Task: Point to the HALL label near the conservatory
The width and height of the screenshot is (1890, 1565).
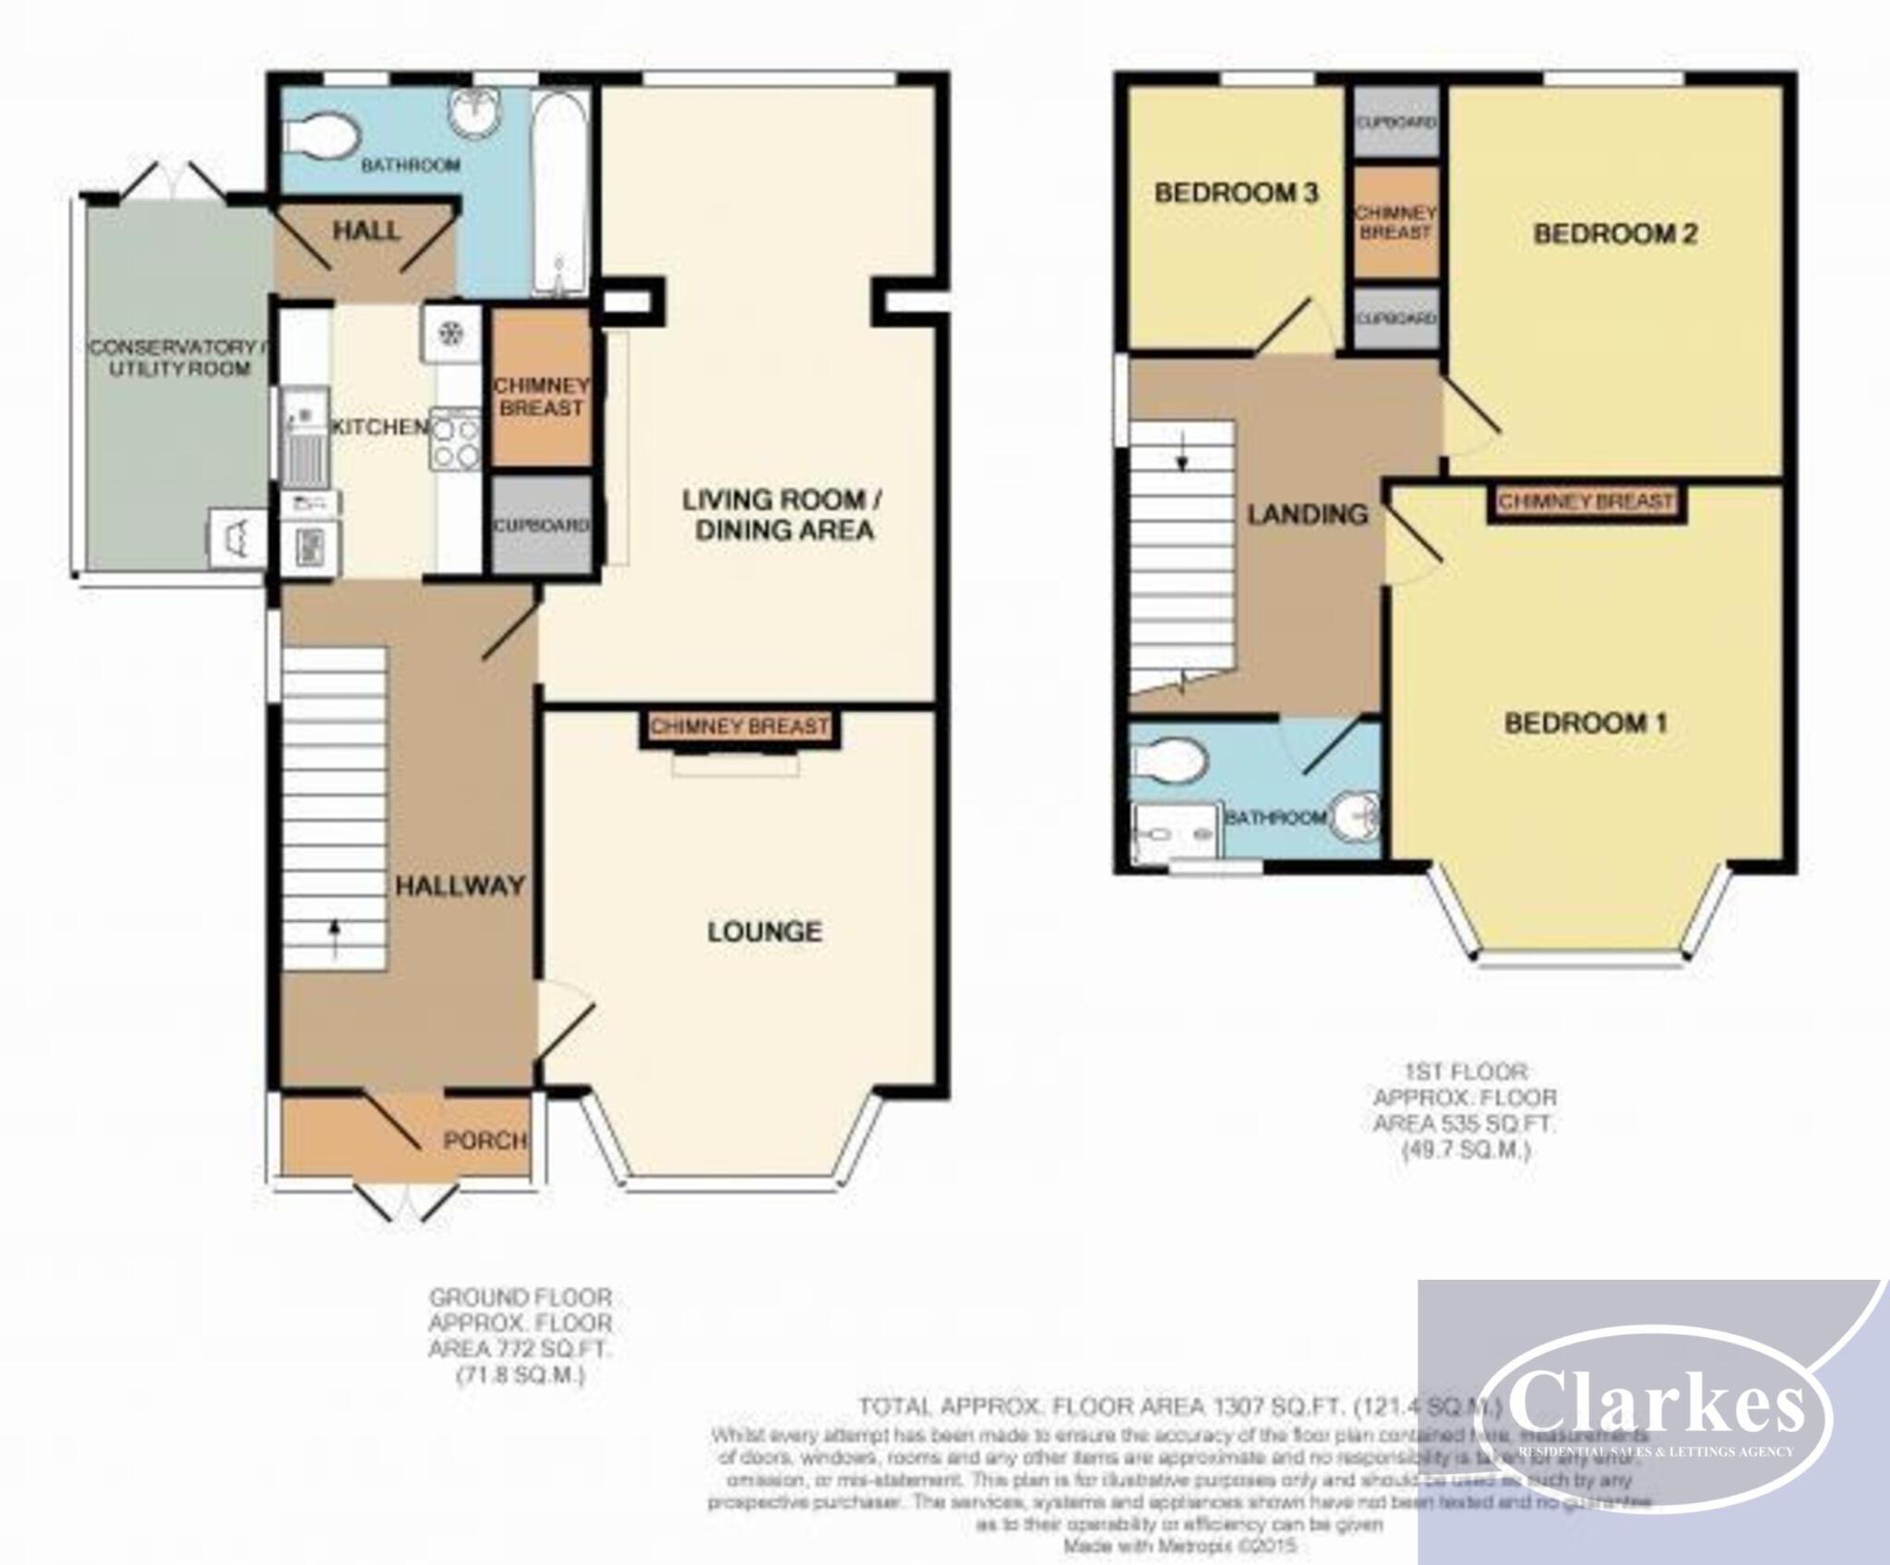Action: (x=366, y=231)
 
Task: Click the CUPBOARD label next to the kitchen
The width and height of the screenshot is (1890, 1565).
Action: (x=541, y=525)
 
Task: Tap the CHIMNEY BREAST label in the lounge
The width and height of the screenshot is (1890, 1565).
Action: (x=739, y=726)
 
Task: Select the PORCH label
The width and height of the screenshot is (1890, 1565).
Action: (x=484, y=1141)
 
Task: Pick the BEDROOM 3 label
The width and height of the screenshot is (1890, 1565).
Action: (x=1236, y=193)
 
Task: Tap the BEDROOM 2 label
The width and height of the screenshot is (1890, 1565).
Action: (x=1614, y=233)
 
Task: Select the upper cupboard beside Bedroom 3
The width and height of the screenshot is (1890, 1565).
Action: (x=1395, y=122)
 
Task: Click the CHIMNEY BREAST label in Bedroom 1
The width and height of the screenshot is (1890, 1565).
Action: (x=1585, y=502)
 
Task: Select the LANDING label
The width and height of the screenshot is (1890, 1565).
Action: (x=1306, y=514)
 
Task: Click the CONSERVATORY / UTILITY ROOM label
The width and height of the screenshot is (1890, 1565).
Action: (x=173, y=358)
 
